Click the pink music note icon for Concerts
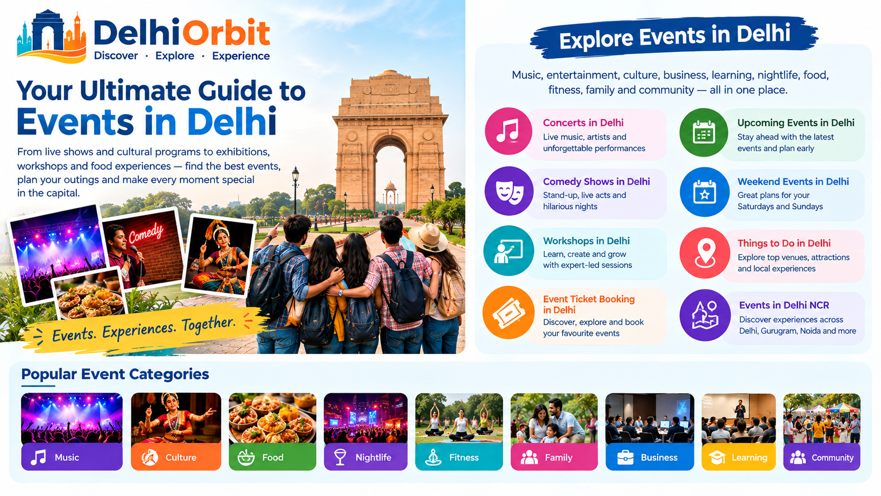[x=508, y=131]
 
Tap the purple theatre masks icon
[x=509, y=191]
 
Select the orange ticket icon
[x=508, y=313]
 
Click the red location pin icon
[x=705, y=253]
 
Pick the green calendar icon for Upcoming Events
[x=703, y=132]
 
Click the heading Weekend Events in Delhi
[x=793, y=182]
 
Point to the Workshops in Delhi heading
[x=586, y=241]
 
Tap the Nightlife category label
[x=373, y=458]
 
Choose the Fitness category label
[x=464, y=458]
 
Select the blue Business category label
[x=659, y=458]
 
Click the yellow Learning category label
[x=749, y=458]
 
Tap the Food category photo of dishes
[x=272, y=418]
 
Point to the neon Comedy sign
[x=145, y=234]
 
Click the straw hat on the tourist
[x=427, y=237]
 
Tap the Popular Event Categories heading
[x=115, y=374]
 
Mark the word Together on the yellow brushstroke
[x=209, y=325]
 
